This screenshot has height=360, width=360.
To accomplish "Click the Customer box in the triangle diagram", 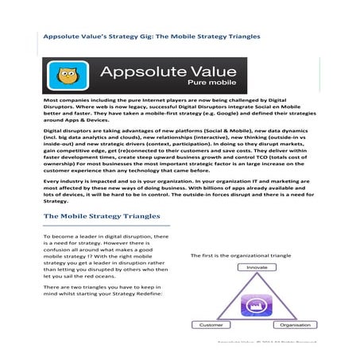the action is point(211,324).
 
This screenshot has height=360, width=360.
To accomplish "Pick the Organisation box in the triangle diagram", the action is point(296,324).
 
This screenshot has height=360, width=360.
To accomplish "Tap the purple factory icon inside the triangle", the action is point(256,305).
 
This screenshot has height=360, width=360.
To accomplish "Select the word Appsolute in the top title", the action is point(64,34).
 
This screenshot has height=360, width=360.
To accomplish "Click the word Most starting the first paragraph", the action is point(50,103).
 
